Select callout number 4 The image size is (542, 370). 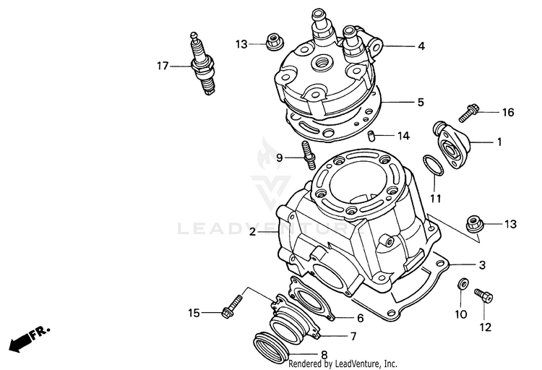(421, 46)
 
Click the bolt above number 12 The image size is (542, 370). (483, 296)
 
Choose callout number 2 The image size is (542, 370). (253, 232)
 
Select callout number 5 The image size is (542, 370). (421, 103)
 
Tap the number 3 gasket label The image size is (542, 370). (482, 266)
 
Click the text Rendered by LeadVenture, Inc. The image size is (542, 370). (343, 363)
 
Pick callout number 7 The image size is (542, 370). (353, 336)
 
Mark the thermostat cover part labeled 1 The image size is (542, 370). (452, 145)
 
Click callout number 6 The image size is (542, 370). (359, 318)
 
